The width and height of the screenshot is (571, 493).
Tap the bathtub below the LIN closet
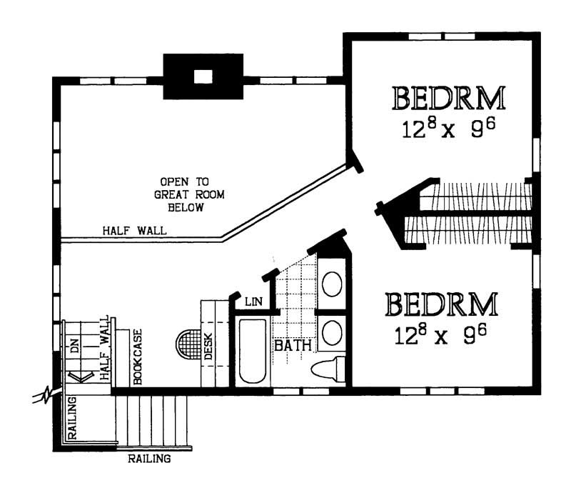click(x=253, y=351)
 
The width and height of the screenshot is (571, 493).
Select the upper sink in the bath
click(x=332, y=284)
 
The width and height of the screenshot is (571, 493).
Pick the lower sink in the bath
click(x=332, y=332)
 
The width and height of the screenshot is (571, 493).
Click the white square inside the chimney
click(x=203, y=76)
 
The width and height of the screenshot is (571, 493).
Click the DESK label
click(x=208, y=347)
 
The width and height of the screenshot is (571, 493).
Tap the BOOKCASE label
click(x=138, y=357)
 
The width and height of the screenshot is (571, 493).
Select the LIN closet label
click(x=254, y=302)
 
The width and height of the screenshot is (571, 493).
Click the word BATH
click(x=293, y=345)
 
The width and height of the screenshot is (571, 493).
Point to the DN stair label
click(x=74, y=345)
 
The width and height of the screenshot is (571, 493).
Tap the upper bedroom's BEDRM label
click(x=449, y=98)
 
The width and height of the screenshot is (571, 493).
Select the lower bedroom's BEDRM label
click(x=441, y=304)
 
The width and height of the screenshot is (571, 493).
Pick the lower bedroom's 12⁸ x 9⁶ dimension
click(x=440, y=334)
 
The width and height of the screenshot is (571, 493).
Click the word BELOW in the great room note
click(x=186, y=207)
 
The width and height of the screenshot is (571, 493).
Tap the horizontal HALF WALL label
click(x=134, y=231)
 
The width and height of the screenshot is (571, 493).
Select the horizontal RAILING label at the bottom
click(x=149, y=459)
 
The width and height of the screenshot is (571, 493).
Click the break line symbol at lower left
click(x=46, y=395)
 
